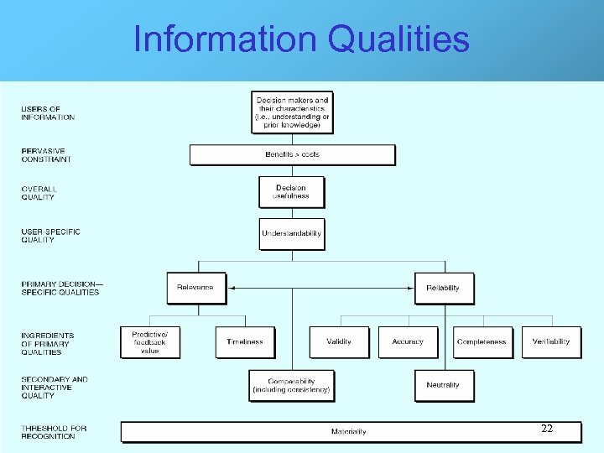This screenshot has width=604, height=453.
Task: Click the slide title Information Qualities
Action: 301,39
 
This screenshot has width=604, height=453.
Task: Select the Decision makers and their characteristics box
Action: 292,112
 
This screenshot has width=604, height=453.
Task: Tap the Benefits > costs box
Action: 292,155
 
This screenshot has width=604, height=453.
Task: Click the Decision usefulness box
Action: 291,192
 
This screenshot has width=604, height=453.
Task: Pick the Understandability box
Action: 291,233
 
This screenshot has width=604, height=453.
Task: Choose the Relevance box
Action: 195,288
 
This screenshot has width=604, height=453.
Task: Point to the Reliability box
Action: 443,288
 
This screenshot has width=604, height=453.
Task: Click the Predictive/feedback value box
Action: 149,342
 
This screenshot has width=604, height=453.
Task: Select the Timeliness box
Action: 245,342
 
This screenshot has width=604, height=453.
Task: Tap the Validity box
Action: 339,342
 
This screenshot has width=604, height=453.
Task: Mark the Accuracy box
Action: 408,342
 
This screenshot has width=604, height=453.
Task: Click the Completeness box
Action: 482,342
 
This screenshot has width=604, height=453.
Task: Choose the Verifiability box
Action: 551,342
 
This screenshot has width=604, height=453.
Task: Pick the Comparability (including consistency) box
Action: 291,386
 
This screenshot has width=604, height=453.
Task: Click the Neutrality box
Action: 443,385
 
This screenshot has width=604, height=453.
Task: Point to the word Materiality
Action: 348,432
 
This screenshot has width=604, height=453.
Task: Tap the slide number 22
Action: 546,429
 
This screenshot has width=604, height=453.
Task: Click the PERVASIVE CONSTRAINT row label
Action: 46,155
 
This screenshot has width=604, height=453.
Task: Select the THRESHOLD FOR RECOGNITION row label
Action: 54,433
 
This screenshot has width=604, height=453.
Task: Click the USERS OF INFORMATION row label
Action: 48,113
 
